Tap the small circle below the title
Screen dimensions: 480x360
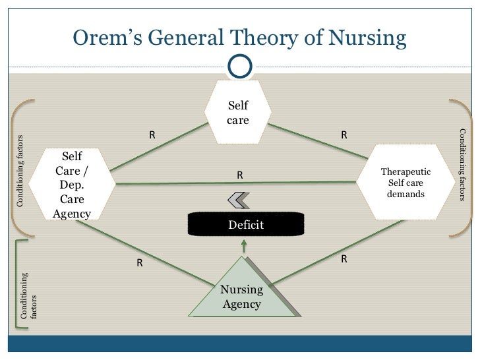coord(239,65)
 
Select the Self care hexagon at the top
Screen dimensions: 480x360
coord(238,112)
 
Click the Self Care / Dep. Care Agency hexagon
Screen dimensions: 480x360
coord(72,184)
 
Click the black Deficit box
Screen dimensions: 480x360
coord(246,224)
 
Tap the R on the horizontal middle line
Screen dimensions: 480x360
coord(240,175)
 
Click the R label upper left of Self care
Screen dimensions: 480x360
coord(152,135)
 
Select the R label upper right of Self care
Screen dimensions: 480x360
coord(344,135)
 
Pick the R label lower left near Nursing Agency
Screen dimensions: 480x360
coord(140,263)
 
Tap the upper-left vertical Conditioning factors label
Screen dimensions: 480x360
coord(20,171)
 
